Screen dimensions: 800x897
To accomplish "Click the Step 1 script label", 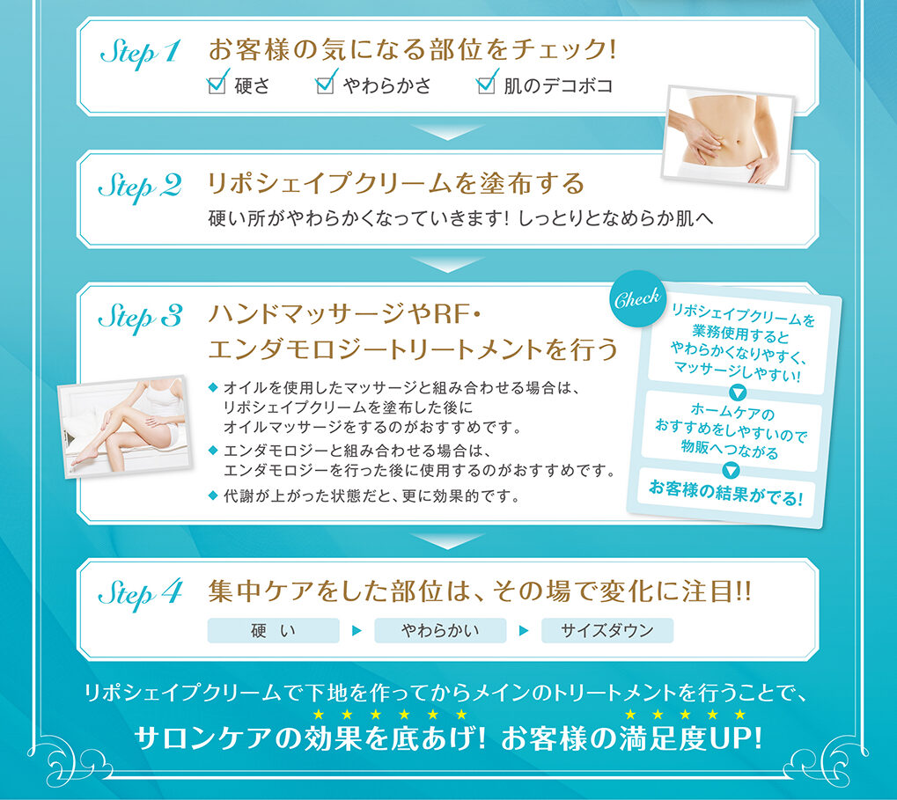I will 140,53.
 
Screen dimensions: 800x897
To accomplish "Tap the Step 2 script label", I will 140,187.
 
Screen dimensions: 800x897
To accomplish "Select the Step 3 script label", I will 140,318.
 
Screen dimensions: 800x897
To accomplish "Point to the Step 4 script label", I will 140,594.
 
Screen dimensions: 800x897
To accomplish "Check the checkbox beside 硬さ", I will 216,85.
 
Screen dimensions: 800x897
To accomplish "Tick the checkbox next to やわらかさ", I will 326,85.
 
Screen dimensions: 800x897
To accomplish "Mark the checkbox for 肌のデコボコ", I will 485,85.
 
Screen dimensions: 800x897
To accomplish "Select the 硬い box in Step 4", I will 273,630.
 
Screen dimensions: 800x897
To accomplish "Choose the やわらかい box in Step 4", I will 440,630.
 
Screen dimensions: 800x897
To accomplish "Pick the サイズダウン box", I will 607,630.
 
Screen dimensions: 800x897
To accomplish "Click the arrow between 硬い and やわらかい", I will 357,631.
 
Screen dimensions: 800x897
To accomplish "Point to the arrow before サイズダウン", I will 524,631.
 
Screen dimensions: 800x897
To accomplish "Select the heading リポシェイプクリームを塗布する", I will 395,185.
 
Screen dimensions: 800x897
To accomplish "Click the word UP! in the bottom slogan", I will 736,738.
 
